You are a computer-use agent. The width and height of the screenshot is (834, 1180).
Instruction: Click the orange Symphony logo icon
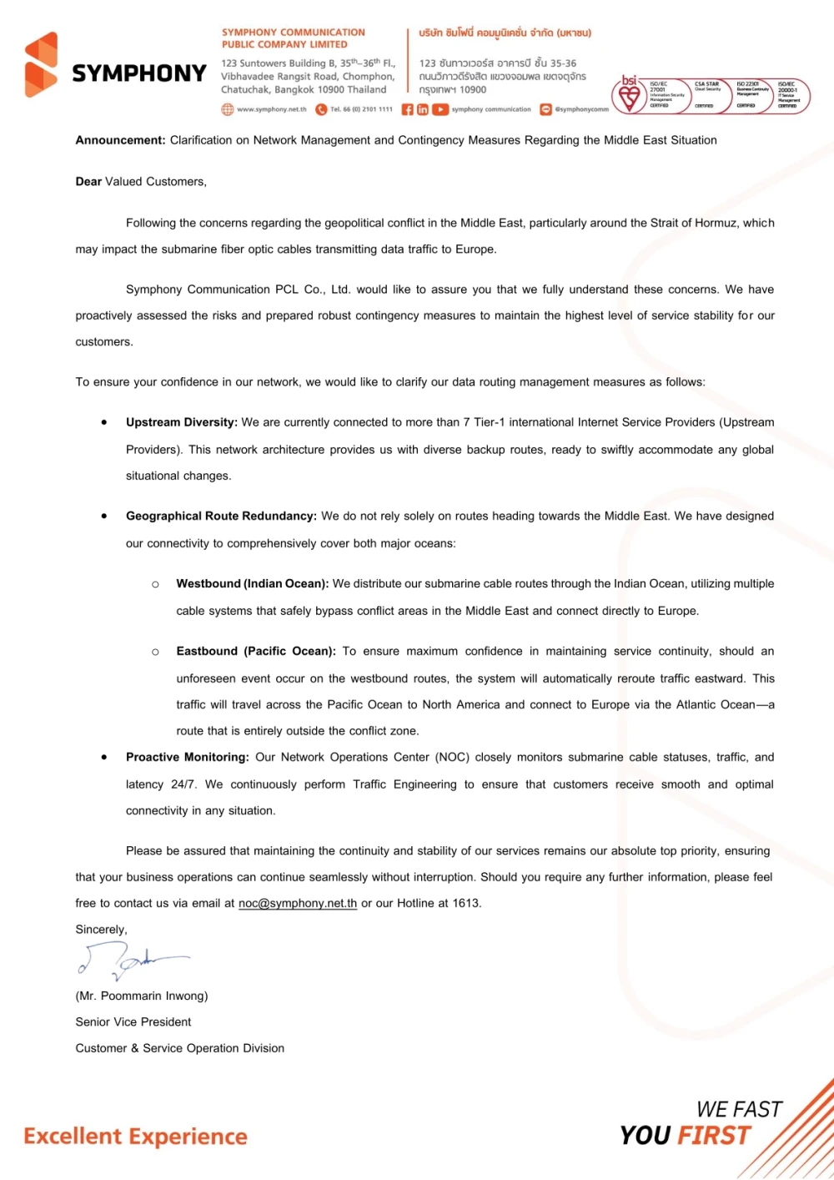click(42, 65)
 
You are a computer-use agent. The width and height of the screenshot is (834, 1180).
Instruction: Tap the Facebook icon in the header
click(407, 109)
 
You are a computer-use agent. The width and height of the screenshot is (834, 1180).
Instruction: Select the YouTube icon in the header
click(440, 109)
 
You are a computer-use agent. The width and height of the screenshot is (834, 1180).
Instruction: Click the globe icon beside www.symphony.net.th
click(227, 109)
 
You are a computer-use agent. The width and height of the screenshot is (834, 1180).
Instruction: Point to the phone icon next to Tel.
click(321, 109)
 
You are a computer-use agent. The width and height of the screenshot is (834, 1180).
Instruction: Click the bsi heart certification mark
click(630, 94)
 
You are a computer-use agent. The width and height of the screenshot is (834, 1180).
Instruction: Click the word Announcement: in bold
click(121, 140)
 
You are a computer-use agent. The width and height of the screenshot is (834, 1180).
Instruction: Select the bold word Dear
click(88, 181)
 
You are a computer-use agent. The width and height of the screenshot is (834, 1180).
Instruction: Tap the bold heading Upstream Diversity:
click(182, 422)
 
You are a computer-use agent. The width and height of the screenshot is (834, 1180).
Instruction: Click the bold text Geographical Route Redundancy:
click(221, 516)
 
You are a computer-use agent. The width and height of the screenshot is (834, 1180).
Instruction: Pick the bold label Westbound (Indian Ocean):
click(253, 583)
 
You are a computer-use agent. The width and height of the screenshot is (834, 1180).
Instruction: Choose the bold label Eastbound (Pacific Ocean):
click(256, 651)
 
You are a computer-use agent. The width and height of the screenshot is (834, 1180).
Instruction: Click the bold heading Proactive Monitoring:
click(188, 757)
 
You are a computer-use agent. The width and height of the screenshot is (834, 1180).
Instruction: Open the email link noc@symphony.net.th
click(298, 903)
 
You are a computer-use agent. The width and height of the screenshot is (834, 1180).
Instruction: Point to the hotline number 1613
click(466, 903)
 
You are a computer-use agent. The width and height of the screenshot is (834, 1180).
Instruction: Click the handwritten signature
click(129, 960)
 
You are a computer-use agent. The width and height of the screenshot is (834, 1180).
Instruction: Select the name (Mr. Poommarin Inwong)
click(142, 996)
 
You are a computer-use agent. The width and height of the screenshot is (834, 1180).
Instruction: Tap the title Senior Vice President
click(133, 1021)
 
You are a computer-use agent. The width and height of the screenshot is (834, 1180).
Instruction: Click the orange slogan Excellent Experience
click(135, 1136)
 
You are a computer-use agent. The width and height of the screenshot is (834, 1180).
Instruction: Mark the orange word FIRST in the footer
click(714, 1135)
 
